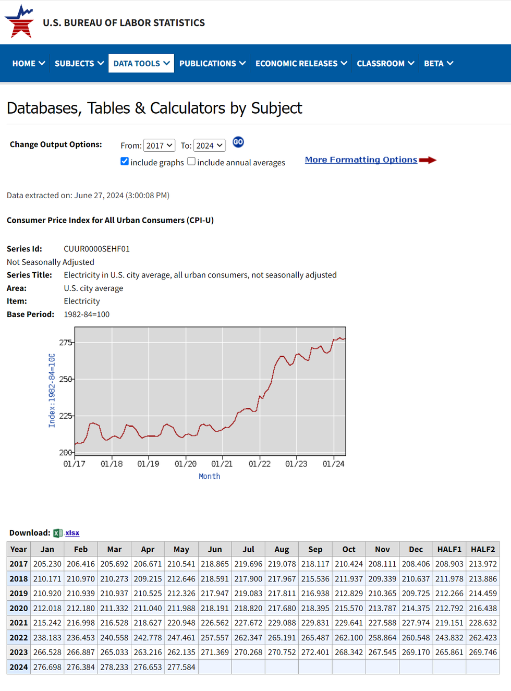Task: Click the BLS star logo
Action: pos(20,22)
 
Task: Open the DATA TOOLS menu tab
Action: pos(141,64)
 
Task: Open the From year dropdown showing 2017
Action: pos(159,146)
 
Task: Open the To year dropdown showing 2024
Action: pos(209,146)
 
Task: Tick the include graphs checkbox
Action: pos(125,162)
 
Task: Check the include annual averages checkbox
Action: pos(191,162)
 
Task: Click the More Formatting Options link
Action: pos(361,160)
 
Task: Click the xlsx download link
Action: pos(72,533)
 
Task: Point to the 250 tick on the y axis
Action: pos(66,379)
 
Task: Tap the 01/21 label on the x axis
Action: pos(222,464)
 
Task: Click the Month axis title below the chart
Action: pos(209,476)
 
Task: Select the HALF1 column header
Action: pos(449,549)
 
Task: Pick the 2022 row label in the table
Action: pos(19,637)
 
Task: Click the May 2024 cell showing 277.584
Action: pos(181,667)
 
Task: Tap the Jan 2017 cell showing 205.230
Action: pos(47,564)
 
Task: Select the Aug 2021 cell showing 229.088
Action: pos(282,623)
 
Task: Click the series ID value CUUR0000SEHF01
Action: pos(97,249)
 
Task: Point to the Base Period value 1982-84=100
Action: pos(87,314)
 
